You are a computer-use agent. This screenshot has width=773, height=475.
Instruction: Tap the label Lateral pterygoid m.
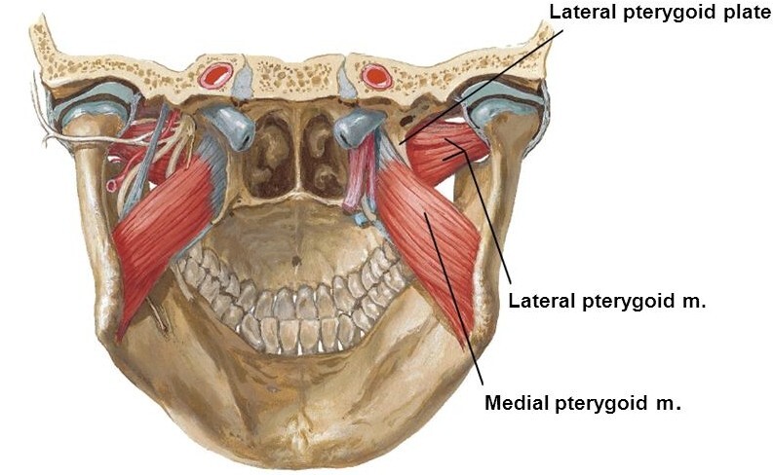pos(606,301)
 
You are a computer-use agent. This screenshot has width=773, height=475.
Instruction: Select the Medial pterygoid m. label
pos(582,402)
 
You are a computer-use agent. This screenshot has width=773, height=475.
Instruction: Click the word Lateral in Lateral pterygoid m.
pos(539,301)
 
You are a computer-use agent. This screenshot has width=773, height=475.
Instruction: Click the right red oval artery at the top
pos(375,75)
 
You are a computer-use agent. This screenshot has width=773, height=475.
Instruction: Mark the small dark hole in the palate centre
pos(296,260)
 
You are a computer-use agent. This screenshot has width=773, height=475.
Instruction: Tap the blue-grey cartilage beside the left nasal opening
pos(230,127)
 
